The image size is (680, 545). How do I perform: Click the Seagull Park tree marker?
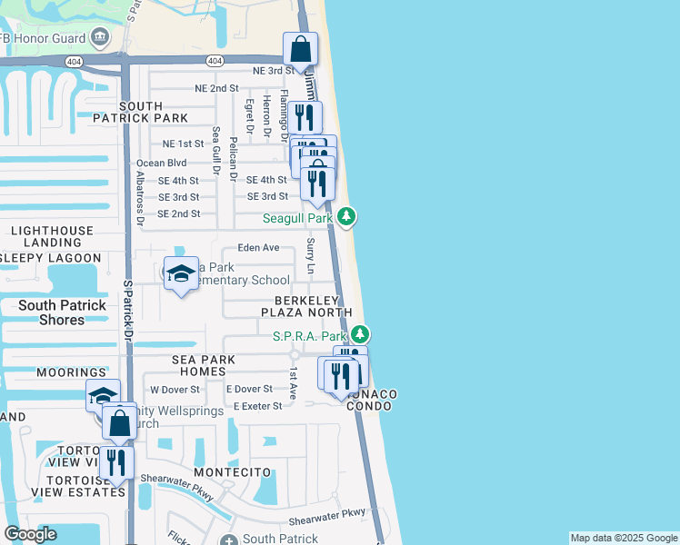point(345,217)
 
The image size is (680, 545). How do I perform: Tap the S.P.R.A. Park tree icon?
point(361,335)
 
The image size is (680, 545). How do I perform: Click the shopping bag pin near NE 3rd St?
point(300,51)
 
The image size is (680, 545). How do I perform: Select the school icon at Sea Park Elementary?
point(181,273)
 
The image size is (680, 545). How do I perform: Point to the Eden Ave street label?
point(258,247)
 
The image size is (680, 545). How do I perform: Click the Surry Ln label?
point(311,256)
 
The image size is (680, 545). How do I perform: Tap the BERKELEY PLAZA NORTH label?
point(306,306)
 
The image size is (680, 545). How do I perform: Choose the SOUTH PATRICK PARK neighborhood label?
point(140,112)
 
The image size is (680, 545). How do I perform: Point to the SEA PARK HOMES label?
point(204,365)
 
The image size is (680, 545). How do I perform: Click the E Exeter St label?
point(257,406)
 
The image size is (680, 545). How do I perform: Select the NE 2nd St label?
point(216,88)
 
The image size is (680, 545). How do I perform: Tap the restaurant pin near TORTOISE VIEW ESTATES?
point(116,463)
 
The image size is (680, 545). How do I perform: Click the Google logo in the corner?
point(30,534)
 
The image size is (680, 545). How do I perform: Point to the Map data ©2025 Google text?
point(623,538)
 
